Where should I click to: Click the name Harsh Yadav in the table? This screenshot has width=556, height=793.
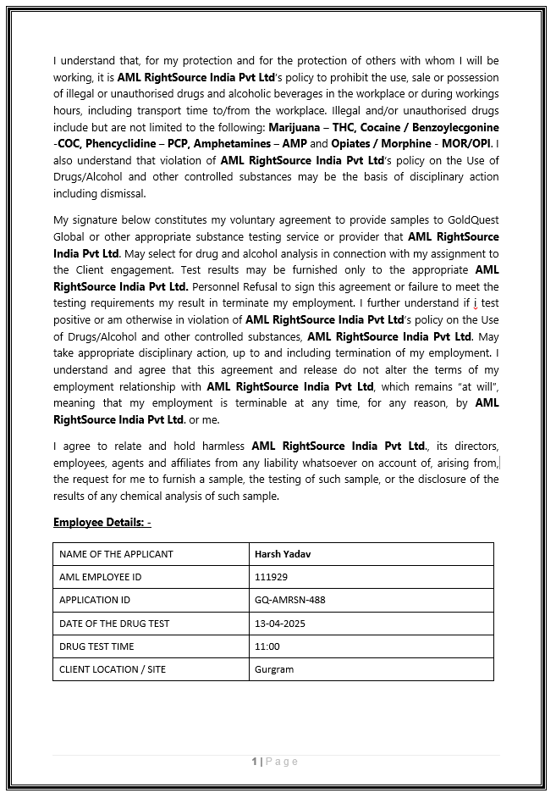[284, 554]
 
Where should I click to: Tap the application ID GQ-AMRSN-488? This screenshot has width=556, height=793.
[289, 600]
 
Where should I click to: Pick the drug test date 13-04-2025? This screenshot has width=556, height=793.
[279, 624]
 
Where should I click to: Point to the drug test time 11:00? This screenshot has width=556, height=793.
[267, 646]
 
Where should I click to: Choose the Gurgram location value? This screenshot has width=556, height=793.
[273, 669]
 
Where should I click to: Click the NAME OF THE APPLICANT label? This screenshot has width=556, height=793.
[116, 554]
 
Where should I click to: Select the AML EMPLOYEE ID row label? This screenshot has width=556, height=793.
[100, 577]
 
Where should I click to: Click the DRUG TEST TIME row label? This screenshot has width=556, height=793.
[96, 646]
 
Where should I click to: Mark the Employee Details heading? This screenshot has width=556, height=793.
[102, 522]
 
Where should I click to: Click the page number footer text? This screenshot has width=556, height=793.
[276, 762]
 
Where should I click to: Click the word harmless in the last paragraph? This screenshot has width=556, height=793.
[221, 446]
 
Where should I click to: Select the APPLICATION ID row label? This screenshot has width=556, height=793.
[95, 600]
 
